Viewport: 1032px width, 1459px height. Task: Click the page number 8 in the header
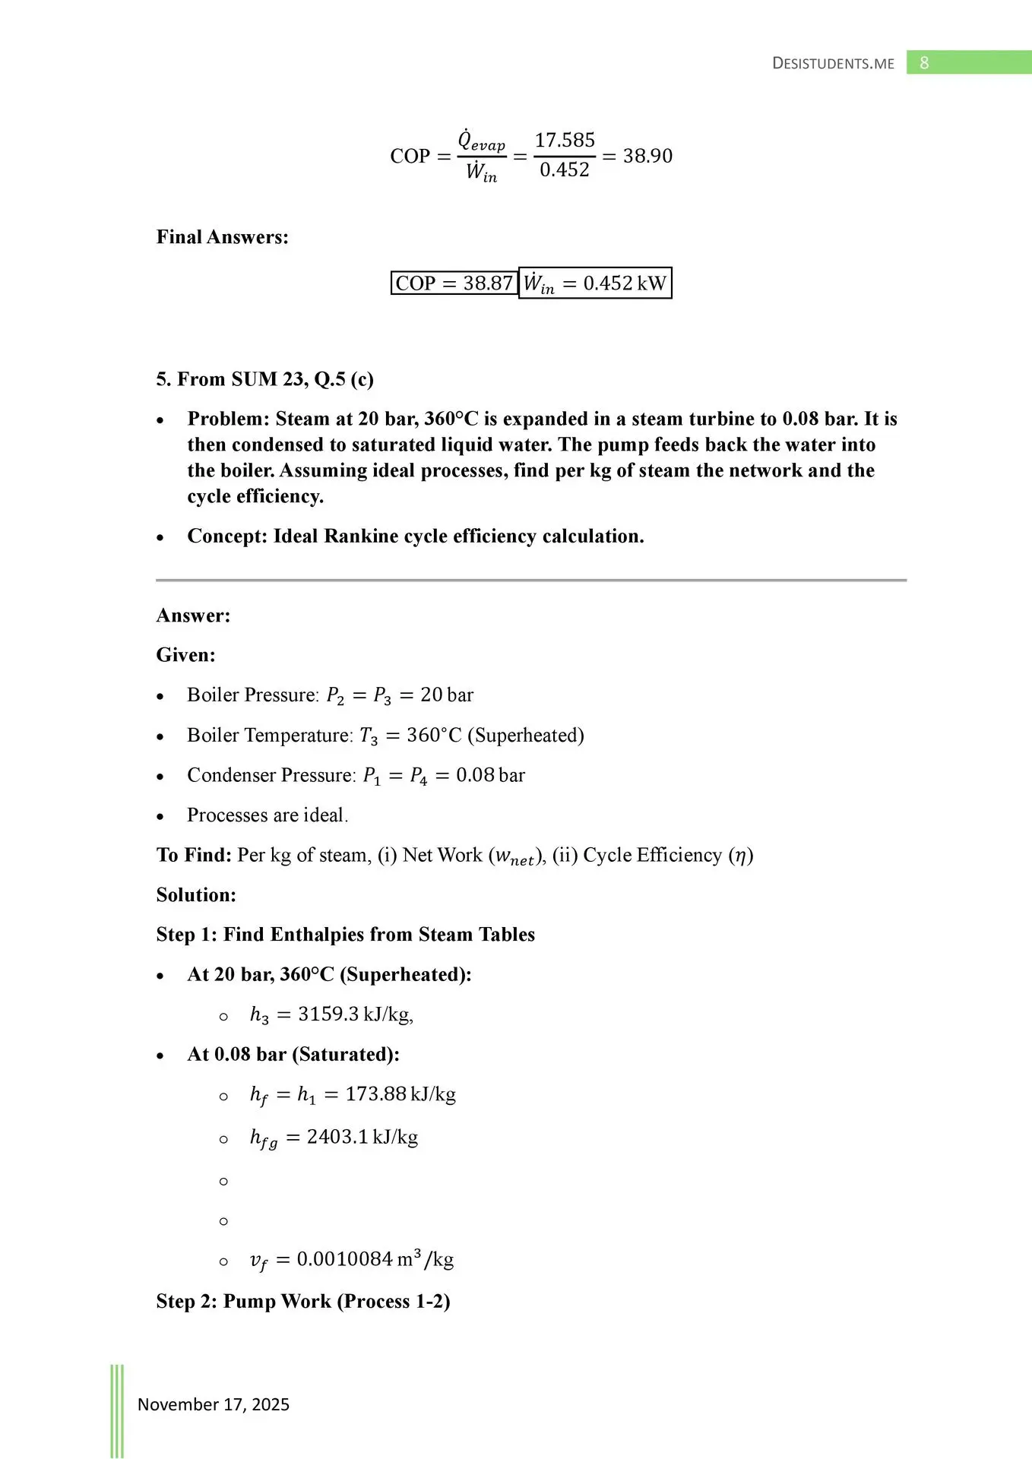tap(924, 63)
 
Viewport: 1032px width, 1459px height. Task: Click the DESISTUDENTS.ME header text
tap(833, 64)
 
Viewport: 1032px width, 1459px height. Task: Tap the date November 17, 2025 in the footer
tap(214, 1404)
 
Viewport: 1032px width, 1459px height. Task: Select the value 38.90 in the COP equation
tap(647, 156)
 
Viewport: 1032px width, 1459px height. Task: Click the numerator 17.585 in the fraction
tap(565, 141)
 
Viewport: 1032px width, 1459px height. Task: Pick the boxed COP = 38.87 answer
tap(454, 283)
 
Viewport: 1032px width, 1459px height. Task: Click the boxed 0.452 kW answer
tap(595, 283)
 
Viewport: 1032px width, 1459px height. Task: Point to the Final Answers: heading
tap(223, 237)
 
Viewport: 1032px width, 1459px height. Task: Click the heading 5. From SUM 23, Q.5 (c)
tap(264, 379)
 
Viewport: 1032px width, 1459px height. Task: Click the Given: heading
tap(186, 655)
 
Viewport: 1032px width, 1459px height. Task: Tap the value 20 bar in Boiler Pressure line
tap(447, 695)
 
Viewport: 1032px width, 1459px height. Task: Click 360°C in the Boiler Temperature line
tap(434, 736)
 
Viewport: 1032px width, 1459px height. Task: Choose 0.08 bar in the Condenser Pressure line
tap(490, 775)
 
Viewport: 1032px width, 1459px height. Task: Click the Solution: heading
tap(196, 895)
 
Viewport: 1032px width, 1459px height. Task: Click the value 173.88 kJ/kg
tap(400, 1094)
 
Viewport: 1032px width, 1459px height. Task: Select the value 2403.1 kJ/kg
tap(362, 1137)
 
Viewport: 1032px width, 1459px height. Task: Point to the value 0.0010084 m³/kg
tap(375, 1260)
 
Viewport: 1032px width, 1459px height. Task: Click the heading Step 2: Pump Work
tap(303, 1301)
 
